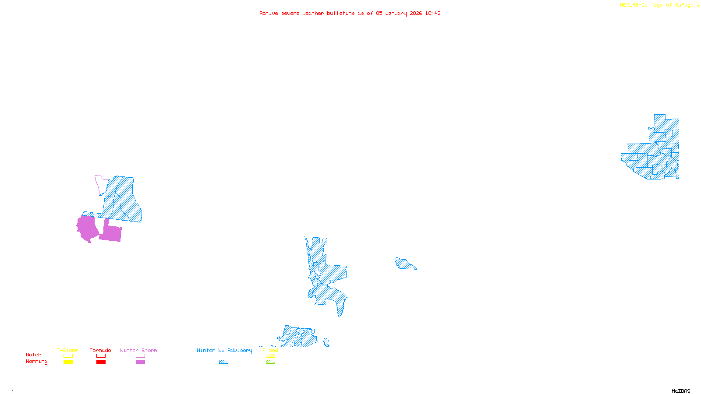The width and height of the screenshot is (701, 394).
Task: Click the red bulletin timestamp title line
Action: [350, 13]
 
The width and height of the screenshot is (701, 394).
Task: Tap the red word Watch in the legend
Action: [34, 355]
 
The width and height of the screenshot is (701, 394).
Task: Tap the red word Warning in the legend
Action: [37, 362]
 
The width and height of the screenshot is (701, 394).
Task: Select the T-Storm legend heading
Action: [67, 350]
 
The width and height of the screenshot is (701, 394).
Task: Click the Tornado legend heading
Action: [100, 350]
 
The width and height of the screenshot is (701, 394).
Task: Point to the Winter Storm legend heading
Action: [138, 350]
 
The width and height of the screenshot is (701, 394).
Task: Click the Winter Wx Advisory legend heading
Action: [224, 350]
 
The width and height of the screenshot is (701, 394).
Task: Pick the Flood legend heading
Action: [270, 350]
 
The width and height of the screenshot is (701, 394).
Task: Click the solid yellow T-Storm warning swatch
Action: [68, 362]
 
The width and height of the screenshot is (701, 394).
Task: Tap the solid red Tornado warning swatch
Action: [101, 362]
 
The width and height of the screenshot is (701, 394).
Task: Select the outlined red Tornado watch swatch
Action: [101, 356]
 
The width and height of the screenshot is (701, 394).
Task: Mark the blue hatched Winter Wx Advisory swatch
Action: [223, 362]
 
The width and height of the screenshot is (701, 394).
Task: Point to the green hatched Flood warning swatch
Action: [270, 362]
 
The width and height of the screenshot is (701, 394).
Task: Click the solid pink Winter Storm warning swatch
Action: [140, 362]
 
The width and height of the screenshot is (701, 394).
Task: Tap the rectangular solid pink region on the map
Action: [112, 233]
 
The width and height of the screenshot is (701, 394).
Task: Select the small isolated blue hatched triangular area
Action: [404, 264]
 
